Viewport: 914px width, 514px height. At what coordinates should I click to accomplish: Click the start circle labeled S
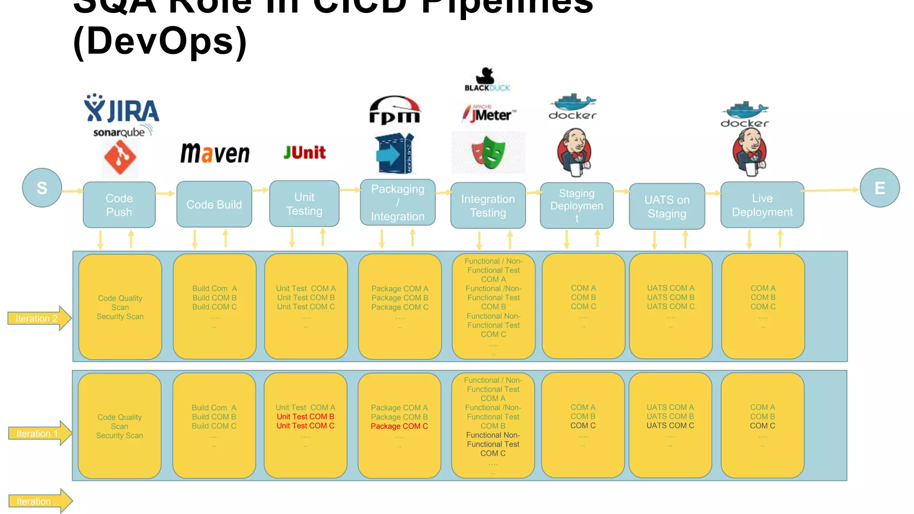(42, 188)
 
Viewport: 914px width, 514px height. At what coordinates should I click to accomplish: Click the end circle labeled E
(879, 188)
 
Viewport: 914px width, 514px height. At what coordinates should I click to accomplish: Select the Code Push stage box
(119, 205)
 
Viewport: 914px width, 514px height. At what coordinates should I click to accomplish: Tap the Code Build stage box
(214, 204)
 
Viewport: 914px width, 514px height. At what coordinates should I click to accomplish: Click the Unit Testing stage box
(304, 204)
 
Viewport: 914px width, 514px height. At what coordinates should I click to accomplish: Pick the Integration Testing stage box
(488, 206)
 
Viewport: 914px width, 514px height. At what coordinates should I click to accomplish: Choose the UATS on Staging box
(667, 207)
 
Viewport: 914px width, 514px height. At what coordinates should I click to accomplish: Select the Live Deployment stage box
(762, 205)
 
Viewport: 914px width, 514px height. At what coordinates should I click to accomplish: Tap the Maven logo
(215, 153)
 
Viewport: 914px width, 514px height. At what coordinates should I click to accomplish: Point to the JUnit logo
(305, 153)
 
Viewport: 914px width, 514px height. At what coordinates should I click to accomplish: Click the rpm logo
(395, 110)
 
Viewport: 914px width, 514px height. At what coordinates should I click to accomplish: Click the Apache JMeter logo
(489, 113)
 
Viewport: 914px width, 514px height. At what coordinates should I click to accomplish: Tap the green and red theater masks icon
(489, 153)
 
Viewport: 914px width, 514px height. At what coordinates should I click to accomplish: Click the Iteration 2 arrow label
(38, 318)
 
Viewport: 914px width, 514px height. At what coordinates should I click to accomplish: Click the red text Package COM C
(399, 426)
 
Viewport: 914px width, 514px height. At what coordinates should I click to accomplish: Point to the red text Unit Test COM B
(305, 417)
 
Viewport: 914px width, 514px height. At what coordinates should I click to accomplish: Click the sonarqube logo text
(119, 133)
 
